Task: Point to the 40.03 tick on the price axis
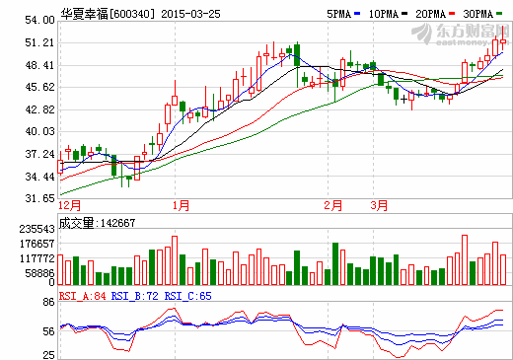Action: click(x=39, y=131)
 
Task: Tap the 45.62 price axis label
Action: click(x=39, y=87)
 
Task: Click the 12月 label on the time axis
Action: click(x=70, y=205)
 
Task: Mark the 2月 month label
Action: click(x=332, y=205)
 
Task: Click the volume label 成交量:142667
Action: click(x=98, y=223)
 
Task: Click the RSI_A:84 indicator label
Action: click(x=83, y=295)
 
